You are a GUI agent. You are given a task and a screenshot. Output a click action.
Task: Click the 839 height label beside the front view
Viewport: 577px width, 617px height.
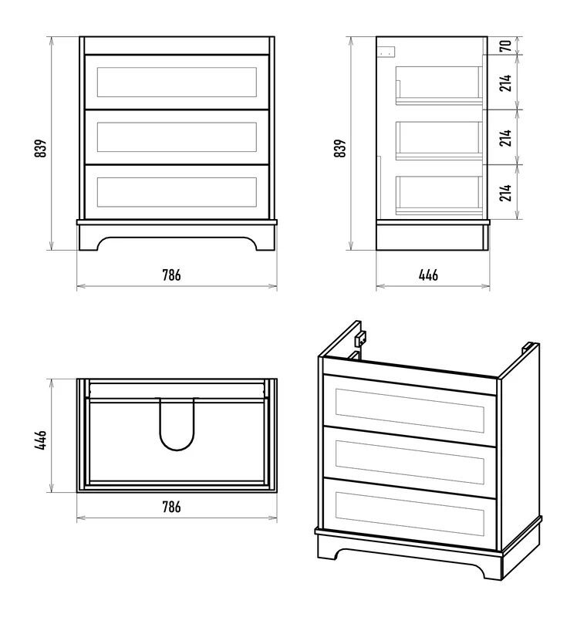tap(41, 148)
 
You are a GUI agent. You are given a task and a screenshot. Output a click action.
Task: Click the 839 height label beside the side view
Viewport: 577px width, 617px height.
tap(340, 148)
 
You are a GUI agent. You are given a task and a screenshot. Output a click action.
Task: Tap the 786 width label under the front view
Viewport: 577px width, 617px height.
tap(171, 275)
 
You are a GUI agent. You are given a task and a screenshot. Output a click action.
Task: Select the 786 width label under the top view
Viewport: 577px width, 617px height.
tap(171, 507)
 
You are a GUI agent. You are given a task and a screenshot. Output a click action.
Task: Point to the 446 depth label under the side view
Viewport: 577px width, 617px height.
tap(428, 275)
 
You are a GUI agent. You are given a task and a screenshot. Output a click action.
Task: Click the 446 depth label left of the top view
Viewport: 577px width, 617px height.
tap(41, 440)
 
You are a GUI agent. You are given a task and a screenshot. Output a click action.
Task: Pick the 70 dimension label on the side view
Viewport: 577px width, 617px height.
tap(506, 46)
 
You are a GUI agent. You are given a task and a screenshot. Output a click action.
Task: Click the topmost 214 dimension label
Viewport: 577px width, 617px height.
tap(506, 83)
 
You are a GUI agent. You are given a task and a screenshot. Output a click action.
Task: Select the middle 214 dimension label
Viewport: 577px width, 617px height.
tap(506, 138)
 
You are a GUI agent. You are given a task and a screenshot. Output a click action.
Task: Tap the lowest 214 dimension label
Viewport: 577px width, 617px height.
tap(506, 192)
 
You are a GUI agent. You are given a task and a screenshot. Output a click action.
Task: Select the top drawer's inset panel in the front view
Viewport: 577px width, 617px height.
tap(177, 82)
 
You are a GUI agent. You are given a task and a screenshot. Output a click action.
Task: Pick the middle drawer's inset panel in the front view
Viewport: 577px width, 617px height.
tap(177, 137)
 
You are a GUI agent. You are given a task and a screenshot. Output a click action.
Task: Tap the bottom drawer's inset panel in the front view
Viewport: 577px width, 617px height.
tap(177, 192)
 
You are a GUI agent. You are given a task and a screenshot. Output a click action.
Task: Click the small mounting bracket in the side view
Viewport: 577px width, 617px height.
tap(386, 52)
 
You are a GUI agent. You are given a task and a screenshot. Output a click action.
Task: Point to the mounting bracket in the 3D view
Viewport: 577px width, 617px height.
tap(360, 339)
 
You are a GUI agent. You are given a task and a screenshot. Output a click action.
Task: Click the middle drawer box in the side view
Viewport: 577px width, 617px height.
tap(439, 140)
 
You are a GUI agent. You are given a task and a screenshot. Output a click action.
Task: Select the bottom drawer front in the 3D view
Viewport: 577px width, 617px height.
tap(410, 514)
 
